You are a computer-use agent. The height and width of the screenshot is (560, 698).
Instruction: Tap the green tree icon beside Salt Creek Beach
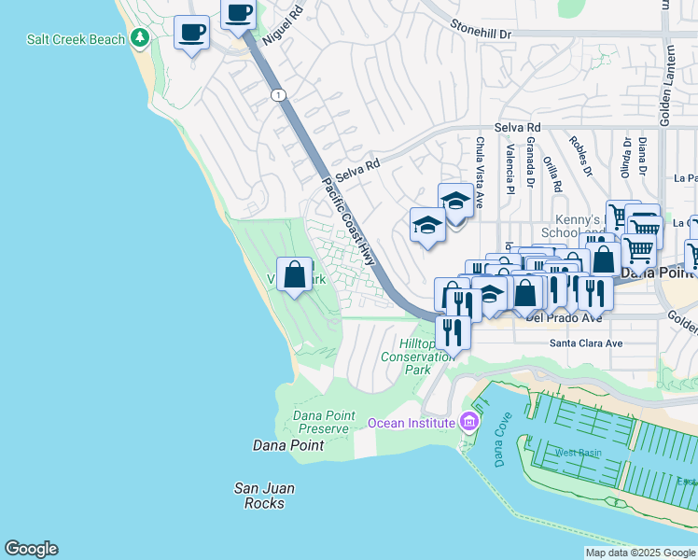(x=140, y=38)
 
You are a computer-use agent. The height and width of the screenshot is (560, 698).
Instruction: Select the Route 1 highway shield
(x=278, y=95)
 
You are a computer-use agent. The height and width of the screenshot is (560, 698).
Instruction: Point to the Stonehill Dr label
(x=482, y=31)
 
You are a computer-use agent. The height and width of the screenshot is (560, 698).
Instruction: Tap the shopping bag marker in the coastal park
(x=295, y=275)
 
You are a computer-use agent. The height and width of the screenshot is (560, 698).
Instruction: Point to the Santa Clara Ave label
(x=585, y=343)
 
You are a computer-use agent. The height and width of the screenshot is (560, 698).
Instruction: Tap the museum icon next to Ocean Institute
(x=468, y=423)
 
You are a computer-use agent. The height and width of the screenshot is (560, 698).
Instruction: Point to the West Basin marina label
(x=579, y=453)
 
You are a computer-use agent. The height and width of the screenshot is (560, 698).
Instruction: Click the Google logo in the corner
(x=31, y=549)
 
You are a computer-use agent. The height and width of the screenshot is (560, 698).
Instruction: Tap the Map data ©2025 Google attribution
(x=639, y=553)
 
